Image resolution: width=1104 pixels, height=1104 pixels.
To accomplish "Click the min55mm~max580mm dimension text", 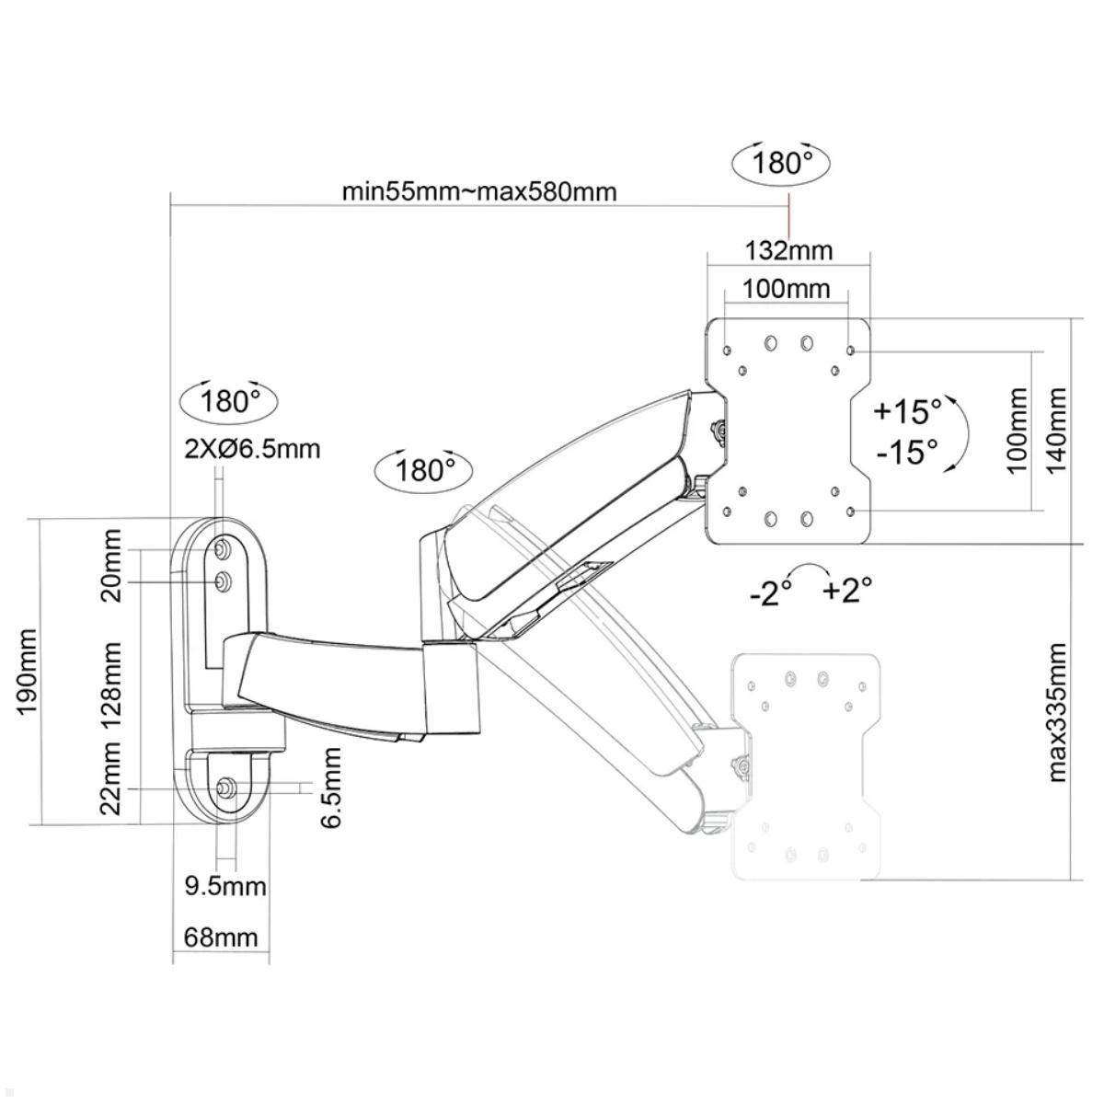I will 479,192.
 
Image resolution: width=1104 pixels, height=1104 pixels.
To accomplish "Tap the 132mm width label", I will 788,250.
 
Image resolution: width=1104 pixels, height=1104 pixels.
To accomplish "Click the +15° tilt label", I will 908,410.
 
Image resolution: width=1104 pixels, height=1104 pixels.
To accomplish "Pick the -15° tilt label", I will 906,452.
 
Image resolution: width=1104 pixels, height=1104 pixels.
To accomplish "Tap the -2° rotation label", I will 771,594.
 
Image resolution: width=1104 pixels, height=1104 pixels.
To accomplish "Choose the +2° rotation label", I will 847,590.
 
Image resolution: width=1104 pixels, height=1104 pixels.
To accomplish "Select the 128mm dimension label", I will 111,685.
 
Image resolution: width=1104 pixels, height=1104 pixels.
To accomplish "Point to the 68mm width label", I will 221,937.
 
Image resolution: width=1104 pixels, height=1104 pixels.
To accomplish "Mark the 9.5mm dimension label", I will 225,886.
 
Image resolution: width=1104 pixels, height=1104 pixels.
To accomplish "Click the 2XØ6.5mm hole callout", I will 252,449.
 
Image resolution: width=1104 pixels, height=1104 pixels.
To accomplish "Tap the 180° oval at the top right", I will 782,164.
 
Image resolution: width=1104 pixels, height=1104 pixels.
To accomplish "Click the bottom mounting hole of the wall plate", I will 226,788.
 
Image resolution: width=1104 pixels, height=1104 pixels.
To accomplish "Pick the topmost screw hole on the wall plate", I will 223,549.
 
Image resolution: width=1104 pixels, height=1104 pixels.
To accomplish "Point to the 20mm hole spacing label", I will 111,564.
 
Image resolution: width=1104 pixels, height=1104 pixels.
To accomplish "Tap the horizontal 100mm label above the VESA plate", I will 786,289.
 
